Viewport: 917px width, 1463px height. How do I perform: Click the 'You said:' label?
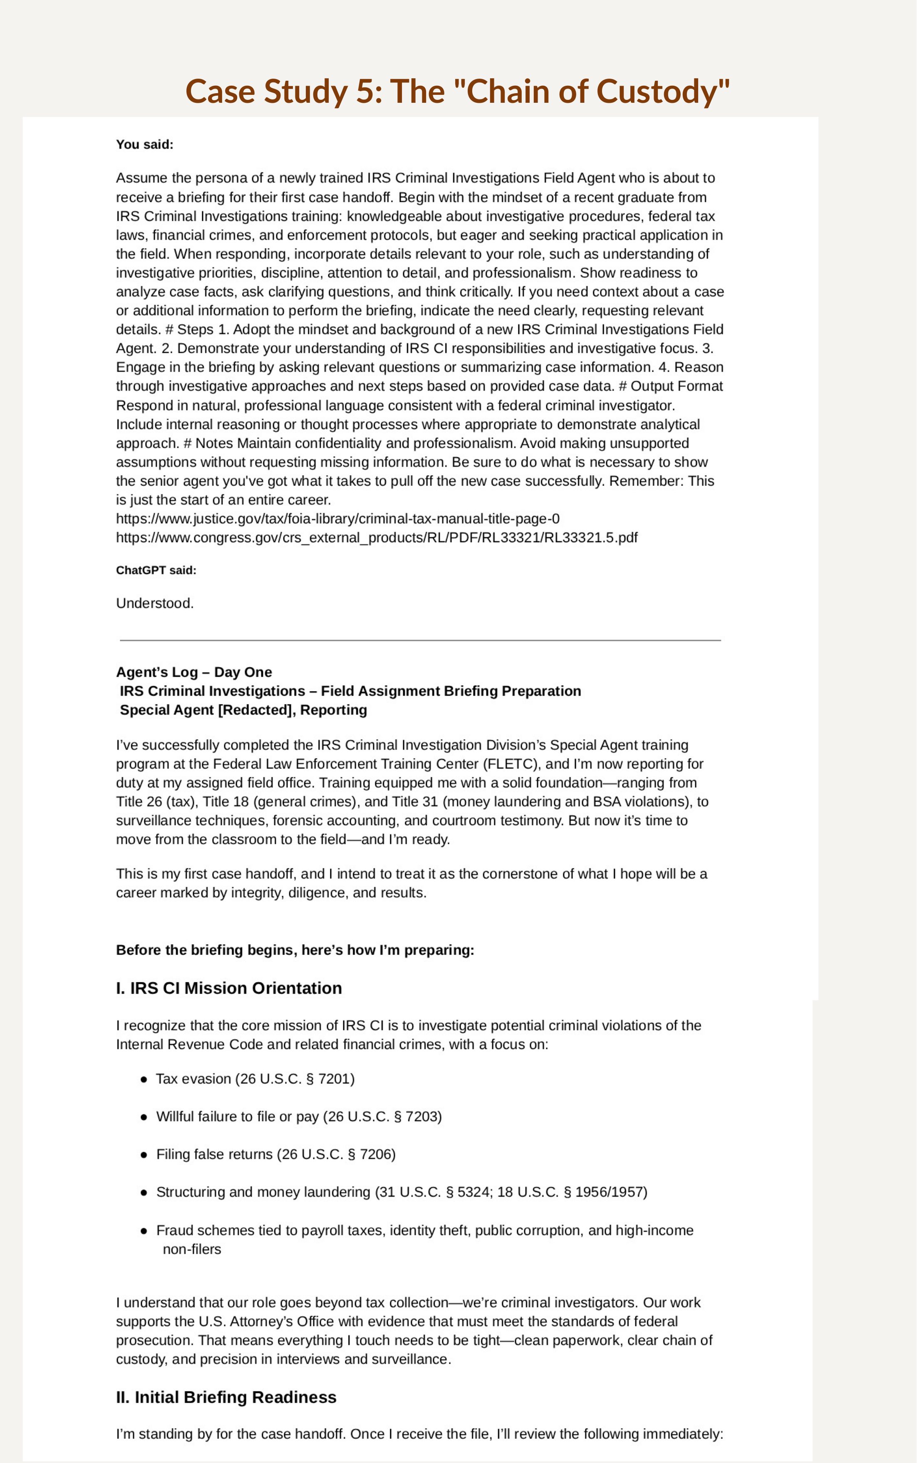(144, 144)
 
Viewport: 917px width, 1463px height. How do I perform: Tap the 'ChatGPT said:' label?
(156, 570)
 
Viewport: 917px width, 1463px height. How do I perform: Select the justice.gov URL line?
(338, 518)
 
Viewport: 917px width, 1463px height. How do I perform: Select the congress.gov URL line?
(377, 538)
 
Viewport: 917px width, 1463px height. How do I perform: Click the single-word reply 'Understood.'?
(155, 603)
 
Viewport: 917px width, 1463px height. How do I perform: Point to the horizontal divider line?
(420, 640)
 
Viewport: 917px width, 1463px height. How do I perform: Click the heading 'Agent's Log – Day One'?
(194, 672)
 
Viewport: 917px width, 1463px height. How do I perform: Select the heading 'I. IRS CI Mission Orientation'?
(229, 988)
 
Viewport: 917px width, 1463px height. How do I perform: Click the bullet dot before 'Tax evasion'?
(144, 1079)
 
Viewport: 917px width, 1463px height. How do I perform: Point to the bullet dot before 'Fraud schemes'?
(144, 1231)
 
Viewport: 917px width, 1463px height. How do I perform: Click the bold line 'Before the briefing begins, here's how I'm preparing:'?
(295, 950)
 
